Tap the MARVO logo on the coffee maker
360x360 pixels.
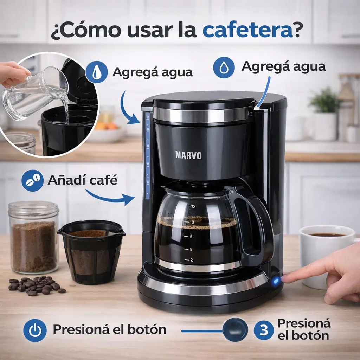point(188,155)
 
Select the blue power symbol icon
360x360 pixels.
point(35,330)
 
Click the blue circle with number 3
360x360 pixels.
point(264,330)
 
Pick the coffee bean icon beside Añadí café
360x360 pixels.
point(33,180)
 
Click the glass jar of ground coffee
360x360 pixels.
point(34,238)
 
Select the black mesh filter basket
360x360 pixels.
point(91,252)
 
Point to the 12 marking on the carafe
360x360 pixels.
point(193,206)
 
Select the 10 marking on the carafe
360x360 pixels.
point(192,222)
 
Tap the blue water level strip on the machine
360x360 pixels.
point(148,155)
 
